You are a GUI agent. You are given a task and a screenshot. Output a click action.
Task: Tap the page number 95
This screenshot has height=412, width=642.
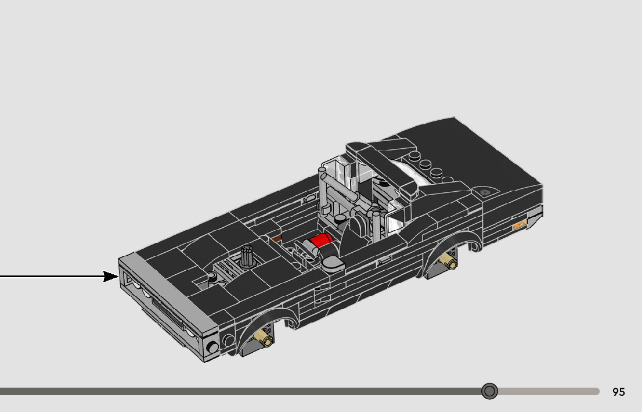tap(619, 392)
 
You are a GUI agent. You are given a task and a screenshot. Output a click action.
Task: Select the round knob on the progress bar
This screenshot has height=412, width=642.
tap(489, 391)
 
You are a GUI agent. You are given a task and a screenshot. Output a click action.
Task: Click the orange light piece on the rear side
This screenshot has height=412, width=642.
tap(519, 224)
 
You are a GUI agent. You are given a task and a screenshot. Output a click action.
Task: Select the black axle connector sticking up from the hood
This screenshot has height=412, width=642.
tap(247, 256)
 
